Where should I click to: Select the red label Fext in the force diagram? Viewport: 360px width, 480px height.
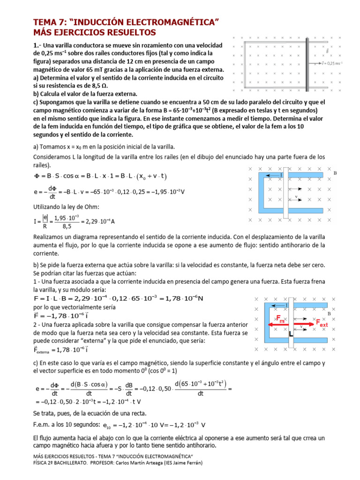click(x=322, y=323)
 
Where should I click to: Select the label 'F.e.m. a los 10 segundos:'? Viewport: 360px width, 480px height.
click(x=64, y=425)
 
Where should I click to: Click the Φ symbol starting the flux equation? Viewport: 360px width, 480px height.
click(x=37, y=176)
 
